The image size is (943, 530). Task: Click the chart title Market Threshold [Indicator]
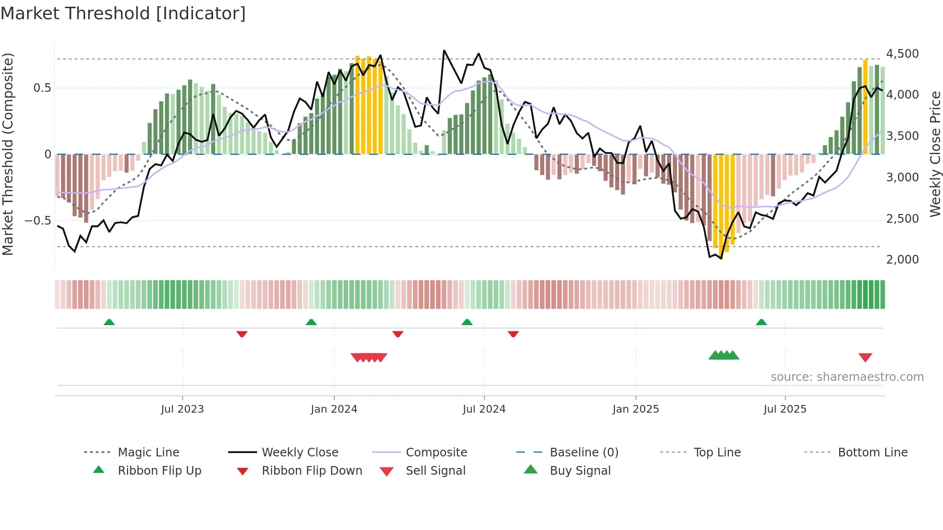click(123, 13)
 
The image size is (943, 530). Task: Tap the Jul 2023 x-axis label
click(182, 409)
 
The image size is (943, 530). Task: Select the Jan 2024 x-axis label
click(334, 409)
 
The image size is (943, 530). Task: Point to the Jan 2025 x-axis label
click(636, 409)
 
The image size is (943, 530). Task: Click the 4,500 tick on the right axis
click(902, 54)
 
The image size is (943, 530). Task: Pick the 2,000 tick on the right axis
click(902, 260)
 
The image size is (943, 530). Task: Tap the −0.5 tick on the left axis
click(38, 221)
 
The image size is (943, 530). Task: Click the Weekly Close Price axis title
click(935, 154)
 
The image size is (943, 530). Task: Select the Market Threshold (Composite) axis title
click(8, 154)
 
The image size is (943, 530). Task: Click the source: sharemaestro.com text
click(847, 377)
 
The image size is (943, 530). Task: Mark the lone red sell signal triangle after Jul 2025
click(865, 357)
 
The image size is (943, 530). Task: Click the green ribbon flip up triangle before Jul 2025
click(761, 322)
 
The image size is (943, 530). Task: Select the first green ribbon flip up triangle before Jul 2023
click(109, 322)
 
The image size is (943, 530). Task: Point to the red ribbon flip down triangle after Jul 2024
click(513, 334)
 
